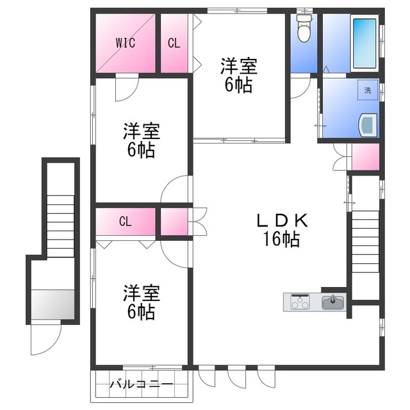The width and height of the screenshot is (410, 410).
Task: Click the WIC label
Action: pyautogui.click(x=125, y=43)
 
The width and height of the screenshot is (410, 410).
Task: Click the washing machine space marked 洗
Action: pyautogui.click(x=368, y=90)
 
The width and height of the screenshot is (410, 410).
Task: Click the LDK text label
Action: pyautogui.click(x=283, y=221)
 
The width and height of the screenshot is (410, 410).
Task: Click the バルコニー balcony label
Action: pyautogui.click(x=141, y=385)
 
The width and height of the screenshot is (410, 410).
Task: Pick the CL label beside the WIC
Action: pyautogui.click(x=173, y=43)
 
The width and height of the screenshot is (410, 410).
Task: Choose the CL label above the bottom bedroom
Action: pyautogui.click(x=125, y=222)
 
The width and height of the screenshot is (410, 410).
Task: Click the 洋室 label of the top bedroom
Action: pyautogui.click(x=239, y=66)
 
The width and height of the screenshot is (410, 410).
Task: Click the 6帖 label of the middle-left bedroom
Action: pyautogui.click(x=141, y=151)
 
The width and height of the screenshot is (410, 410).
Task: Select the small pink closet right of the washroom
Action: pyautogui.click(x=366, y=158)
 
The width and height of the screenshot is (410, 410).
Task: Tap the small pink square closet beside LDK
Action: pyautogui.click(x=174, y=222)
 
